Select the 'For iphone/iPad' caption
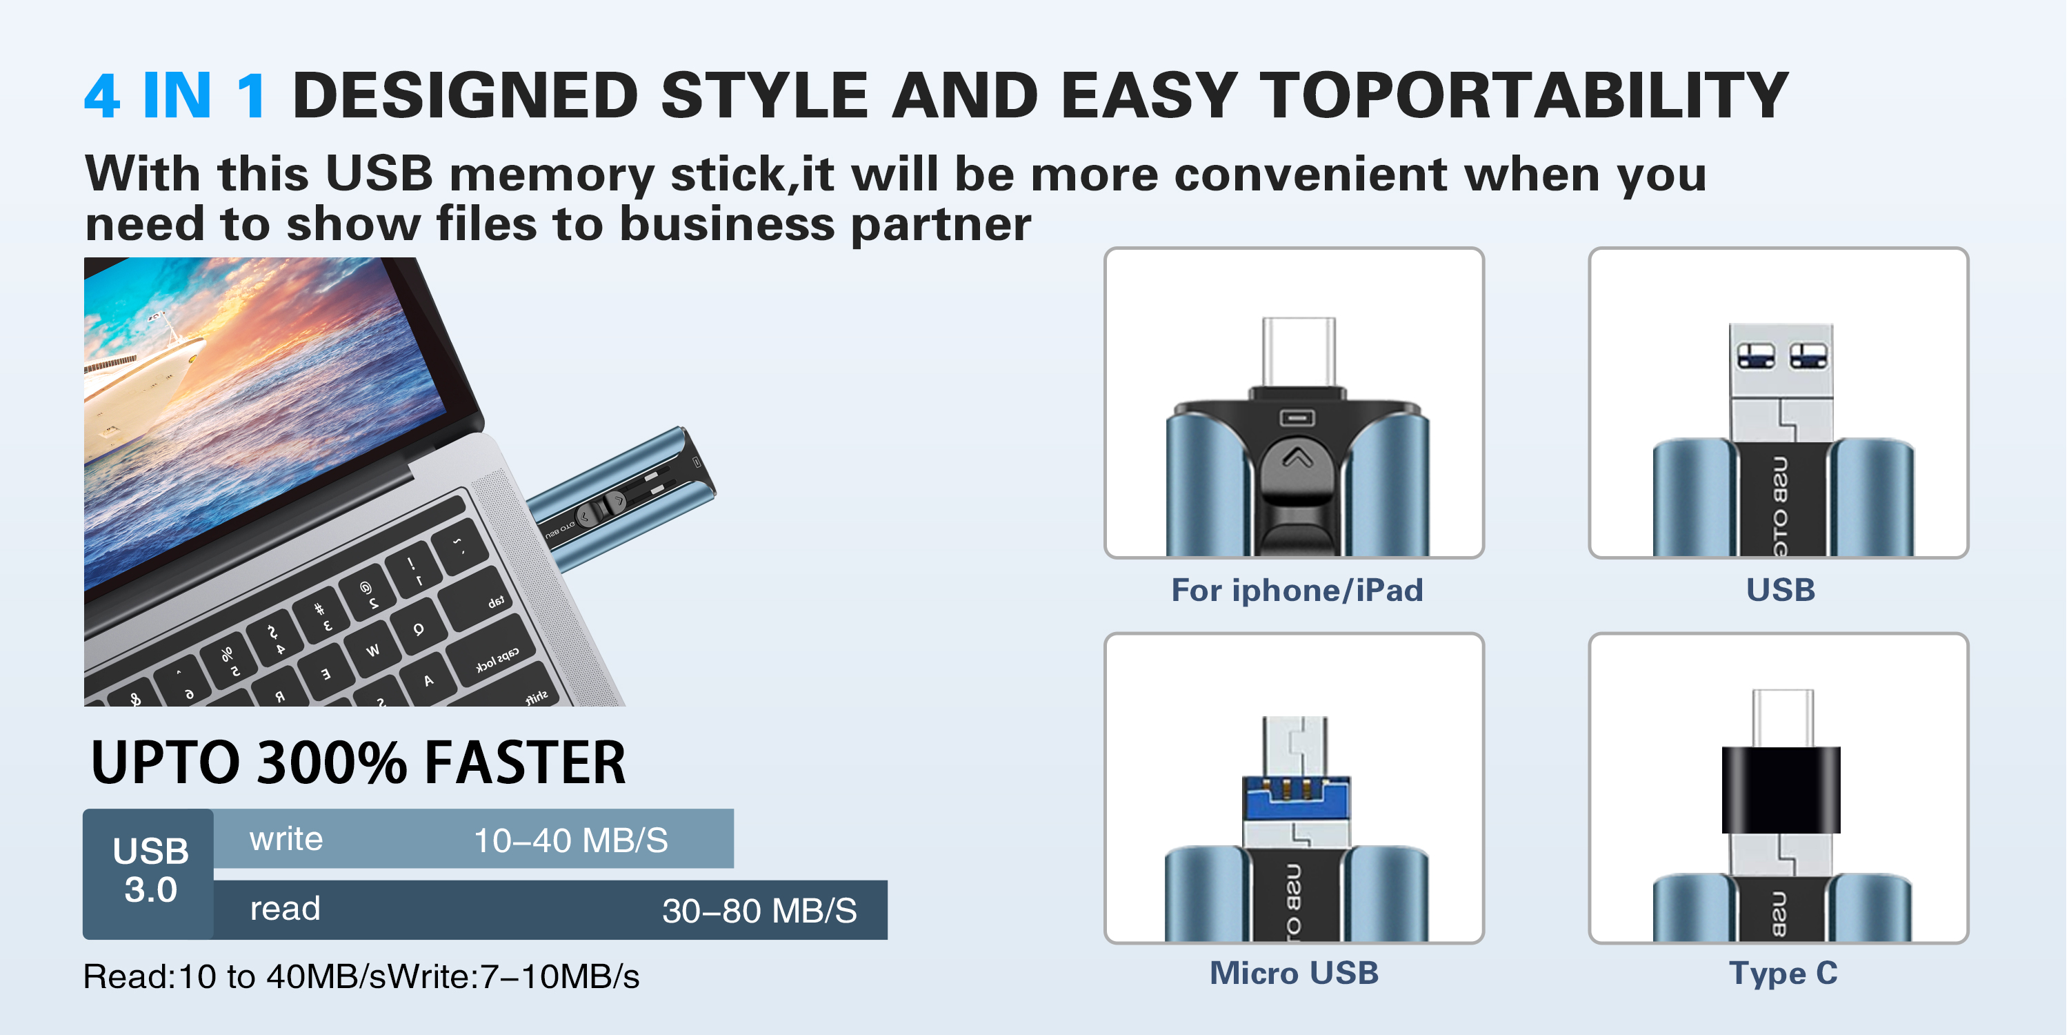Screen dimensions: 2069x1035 tap(1297, 591)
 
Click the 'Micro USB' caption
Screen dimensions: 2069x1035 tap(1294, 973)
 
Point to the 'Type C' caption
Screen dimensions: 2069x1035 tap(1783, 974)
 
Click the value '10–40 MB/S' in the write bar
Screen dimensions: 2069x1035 tap(570, 840)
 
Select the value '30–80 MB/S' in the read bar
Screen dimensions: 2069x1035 tap(759, 910)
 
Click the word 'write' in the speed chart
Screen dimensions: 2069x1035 tap(286, 839)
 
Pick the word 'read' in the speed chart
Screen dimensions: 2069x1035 tap(285, 909)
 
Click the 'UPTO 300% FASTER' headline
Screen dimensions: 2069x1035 tap(358, 762)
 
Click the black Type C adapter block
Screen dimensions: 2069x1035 tap(1781, 789)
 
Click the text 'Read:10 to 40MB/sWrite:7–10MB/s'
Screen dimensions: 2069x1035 tap(361, 976)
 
